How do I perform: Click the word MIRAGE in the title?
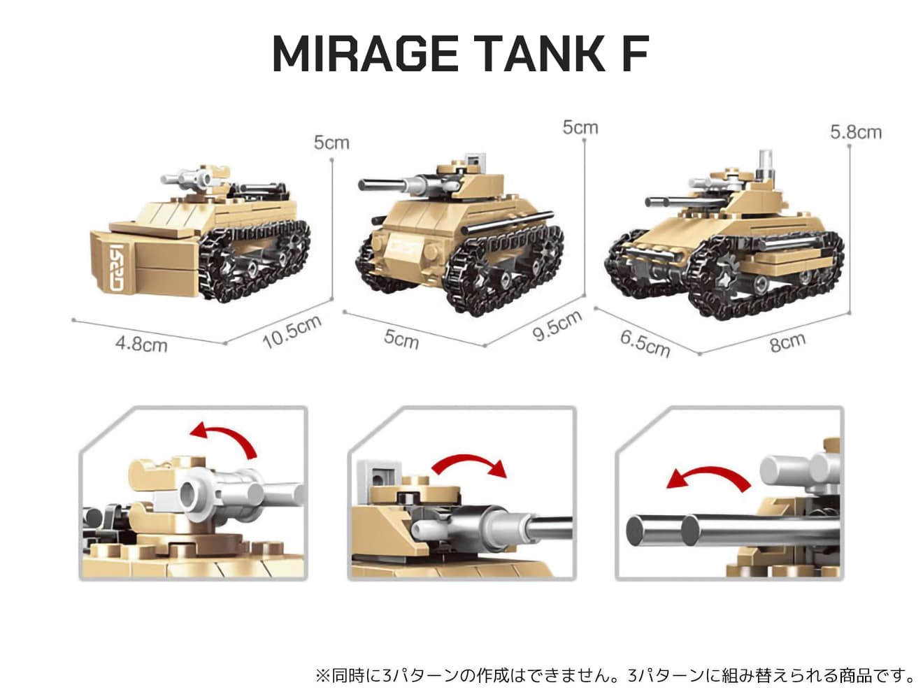pos(365,54)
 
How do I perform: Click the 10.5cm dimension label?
pos(292,331)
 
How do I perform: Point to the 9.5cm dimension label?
pos(557,326)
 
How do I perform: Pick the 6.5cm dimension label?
pos(645,344)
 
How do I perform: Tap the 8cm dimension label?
pos(787,342)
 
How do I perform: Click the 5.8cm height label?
pos(856,132)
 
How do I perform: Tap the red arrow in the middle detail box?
pos(469,465)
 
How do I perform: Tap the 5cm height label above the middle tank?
pos(580,127)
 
